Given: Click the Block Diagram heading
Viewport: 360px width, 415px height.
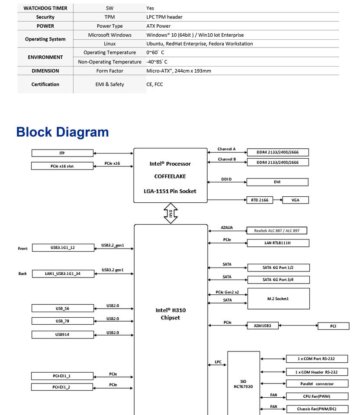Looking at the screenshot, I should pyautogui.click(x=62, y=132).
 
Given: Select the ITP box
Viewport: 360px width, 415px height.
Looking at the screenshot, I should pyautogui.click(x=62, y=153).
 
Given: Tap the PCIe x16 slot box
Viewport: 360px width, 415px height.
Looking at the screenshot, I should pyautogui.click(x=62, y=166).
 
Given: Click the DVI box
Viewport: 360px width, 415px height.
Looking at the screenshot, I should pyautogui.click(x=277, y=182).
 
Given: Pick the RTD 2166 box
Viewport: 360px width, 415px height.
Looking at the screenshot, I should pyautogui.click(x=260, y=200).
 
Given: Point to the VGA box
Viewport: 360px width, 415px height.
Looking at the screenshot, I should pyautogui.click(x=295, y=200).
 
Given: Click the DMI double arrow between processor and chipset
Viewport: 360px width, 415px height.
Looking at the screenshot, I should pyautogui.click(x=170, y=214).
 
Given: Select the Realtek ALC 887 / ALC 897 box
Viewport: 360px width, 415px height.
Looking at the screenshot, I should pyautogui.click(x=277, y=231).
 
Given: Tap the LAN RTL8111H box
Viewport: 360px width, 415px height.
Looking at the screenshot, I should pyautogui.click(x=278, y=243).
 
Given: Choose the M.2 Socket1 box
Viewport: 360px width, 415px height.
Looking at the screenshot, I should pyautogui.click(x=278, y=299).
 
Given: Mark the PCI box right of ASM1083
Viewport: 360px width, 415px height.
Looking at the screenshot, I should pyautogui.click(x=333, y=326).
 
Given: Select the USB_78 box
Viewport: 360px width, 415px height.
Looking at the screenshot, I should pyautogui.click(x=62, y=321).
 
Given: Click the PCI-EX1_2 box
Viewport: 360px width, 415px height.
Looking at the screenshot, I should pyautogui.click(x=62, y=387).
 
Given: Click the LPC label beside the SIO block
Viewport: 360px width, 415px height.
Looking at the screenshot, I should pyautogui.click(x=218, y=362).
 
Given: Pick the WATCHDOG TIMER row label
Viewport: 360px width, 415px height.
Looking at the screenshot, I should pyautogui.click(x=45, y=8).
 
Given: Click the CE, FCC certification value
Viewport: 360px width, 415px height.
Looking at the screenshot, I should pyautogui.click(x=154, y=84).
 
